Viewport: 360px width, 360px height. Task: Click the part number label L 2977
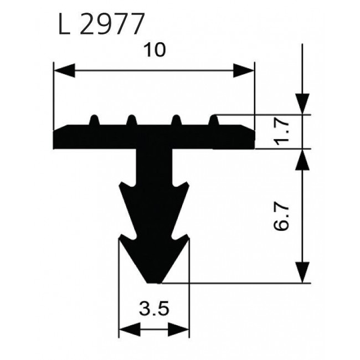point(101,24)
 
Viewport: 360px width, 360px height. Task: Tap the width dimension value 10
point(155,50)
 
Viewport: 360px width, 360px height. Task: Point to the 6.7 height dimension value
point(281,217)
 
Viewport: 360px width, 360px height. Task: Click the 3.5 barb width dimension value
point(154,308)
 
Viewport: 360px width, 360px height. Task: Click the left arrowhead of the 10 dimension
point(64,70)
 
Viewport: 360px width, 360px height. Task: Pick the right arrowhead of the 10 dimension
point(244,70)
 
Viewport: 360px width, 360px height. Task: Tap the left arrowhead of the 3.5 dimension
point(130,330)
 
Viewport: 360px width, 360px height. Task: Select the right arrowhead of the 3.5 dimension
point(179,330)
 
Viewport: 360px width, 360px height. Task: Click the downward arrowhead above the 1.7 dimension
point(302,104)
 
